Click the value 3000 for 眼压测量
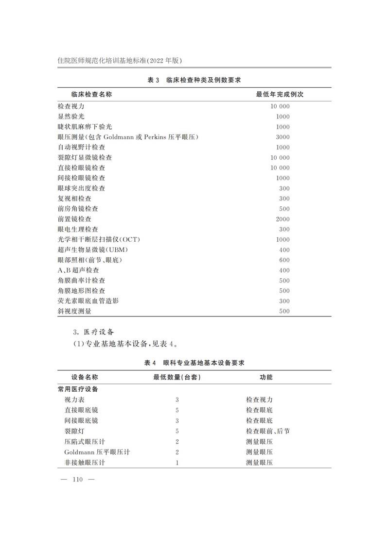(283, 137)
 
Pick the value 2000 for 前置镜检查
(283, 219)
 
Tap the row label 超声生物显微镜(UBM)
(92, 250)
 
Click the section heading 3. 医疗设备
(93, 332)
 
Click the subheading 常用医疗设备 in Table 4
(78, 389)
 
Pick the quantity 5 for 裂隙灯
(177, 431)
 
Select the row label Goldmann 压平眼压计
(97, 451)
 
